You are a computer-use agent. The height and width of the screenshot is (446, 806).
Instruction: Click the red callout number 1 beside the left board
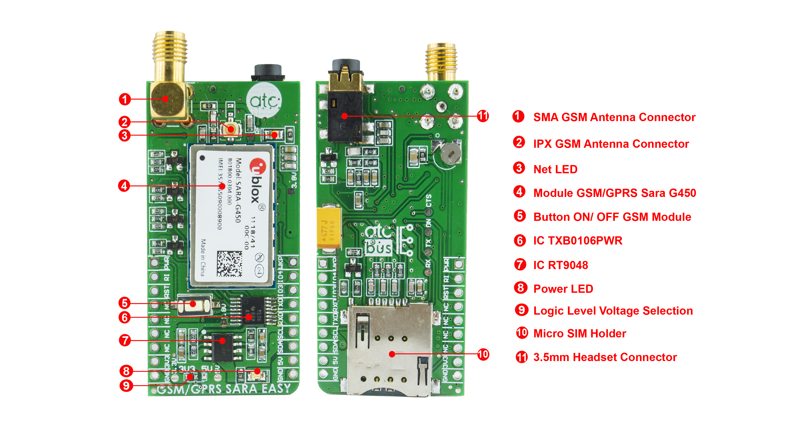124,99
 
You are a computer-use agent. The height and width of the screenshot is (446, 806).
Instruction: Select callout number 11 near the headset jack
483,116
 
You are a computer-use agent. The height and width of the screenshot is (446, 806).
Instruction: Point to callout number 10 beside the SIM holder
483,354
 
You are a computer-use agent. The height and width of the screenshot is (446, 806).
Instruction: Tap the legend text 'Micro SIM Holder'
579,334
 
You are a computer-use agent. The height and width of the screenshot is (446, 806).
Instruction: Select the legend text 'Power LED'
563,289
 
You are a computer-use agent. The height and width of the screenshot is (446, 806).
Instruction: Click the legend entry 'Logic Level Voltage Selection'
613,311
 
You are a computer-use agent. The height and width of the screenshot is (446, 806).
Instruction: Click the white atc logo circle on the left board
264,100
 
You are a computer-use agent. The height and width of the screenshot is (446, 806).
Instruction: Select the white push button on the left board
193,304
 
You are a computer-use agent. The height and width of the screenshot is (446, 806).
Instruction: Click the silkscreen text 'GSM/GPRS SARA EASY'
223,389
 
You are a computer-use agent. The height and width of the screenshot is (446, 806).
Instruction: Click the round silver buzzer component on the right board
450,154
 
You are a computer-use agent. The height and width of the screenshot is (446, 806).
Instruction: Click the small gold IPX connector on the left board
231,129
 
